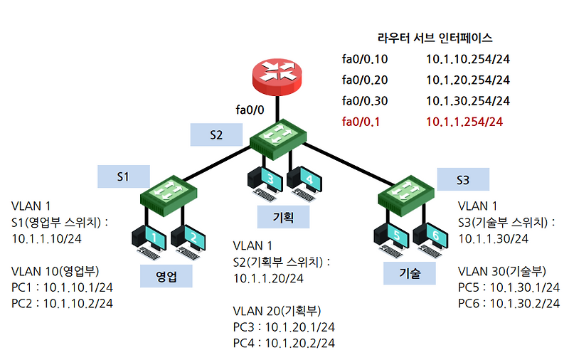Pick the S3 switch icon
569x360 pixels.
pyautogui.click(x=407, y=194)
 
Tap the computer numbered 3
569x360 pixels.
pyautogui.click(x=262, y=181)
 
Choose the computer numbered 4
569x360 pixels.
pyautogui.click(x=303, y=181)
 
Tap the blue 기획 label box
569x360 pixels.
pyautogui.click(x=283, y=217)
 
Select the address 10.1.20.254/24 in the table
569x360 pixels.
pyautogui.click(x=468, y=80)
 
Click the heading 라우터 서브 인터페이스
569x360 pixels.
pyautogui.click(x=435, y=38)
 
